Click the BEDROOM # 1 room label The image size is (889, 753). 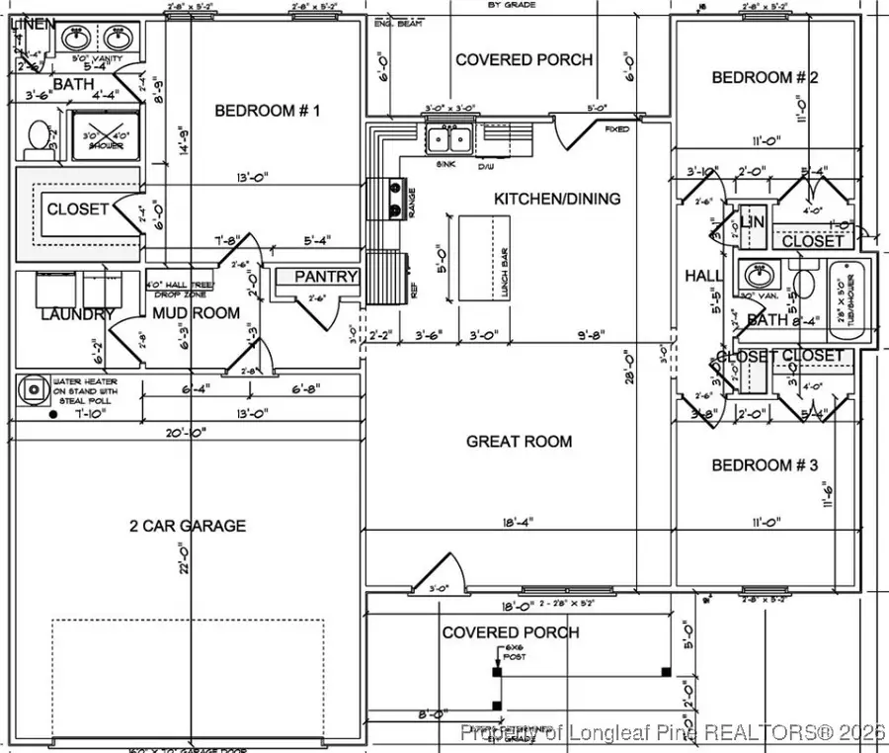coord(268,111)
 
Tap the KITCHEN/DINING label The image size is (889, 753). coord(557,199)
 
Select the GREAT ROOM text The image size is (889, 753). coord(519,442)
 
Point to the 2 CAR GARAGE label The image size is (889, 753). coord(188,526)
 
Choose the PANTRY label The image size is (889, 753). coord(326,277)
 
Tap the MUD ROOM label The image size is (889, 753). coord(196,313)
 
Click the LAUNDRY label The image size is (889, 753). coord(63,314)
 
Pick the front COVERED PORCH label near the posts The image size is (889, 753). coord(511,632)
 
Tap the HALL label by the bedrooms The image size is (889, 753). coord(702,277)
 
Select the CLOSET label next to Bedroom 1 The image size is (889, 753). coord(77,209)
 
